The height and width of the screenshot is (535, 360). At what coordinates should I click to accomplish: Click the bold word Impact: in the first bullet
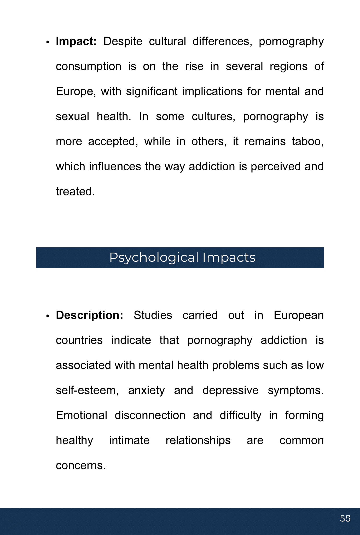(x=76, y=42)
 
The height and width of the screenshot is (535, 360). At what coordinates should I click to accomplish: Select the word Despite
(x=123, y=42)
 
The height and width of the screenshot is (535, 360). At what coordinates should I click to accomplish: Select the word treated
(x=75, y=192)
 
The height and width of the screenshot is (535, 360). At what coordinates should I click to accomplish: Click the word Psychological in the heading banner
(x=154, y=258)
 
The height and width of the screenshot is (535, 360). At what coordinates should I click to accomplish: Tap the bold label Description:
(x=90, y=316)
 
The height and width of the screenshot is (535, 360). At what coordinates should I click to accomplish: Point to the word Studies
(x=153, y=316)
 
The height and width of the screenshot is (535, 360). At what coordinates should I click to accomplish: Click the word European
(x=299, y=316)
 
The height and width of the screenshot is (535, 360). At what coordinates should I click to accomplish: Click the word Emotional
(x=82, y=416)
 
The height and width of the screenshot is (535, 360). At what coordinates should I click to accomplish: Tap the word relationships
(x=198, y=441)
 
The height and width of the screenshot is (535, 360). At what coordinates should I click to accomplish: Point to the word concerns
(x=81, y=466)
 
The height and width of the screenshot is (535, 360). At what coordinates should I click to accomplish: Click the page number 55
(x=345, y=519)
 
